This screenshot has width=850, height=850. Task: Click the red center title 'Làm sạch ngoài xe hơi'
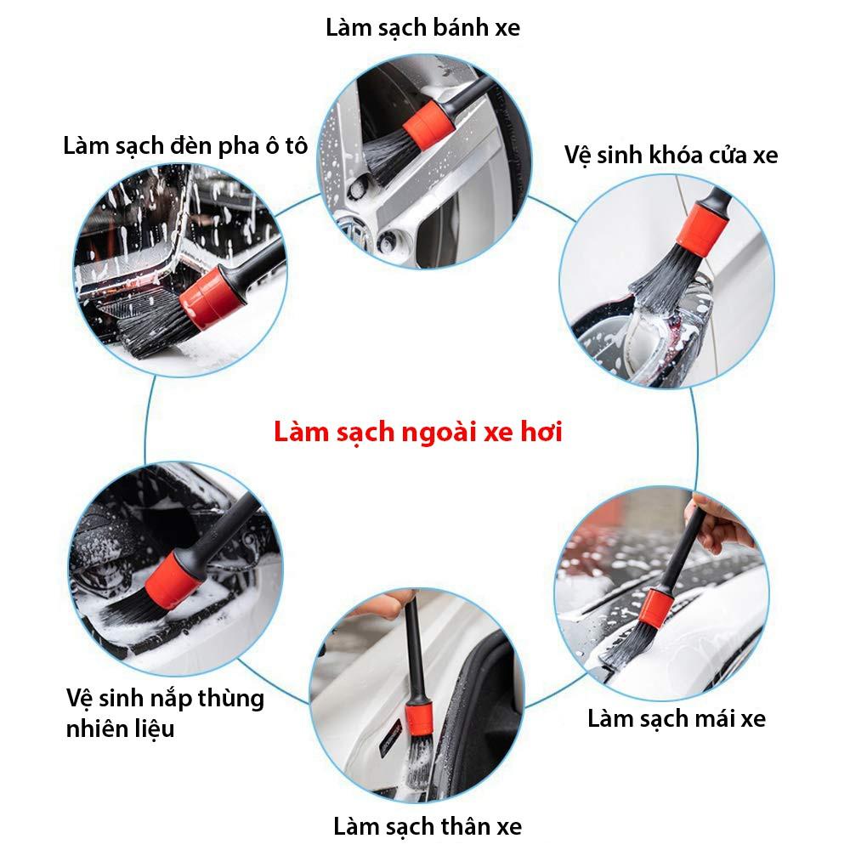pyautogui.click(x=418, y=432)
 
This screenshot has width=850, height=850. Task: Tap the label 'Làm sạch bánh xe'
pyautogui.click(x=422, y=28)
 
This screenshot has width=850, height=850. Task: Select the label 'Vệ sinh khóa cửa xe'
pyautogui.click(x=671, y=155)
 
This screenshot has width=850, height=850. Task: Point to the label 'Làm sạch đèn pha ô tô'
pyautogui.click(x=185, y=146)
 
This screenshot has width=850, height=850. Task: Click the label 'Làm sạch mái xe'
pyautogui.click(x=677, y=719)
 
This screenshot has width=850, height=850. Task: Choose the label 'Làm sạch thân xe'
pyautogui.click(x=428, y=827)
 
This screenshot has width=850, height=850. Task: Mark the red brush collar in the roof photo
pyautogui.click(x=655, y=609)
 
